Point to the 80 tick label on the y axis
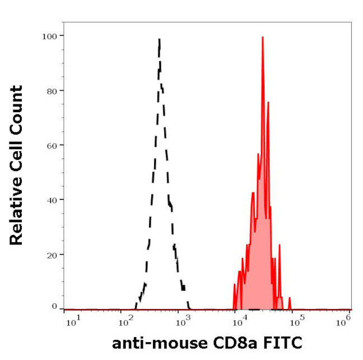click(x=51, y=90)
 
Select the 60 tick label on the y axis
click(x=51, y=145)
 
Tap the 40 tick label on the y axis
click(x=51, y=199)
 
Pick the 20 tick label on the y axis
click(x=51, y=254)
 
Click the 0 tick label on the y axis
click(x=54, y=306)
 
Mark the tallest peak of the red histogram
click(x=262, y=38)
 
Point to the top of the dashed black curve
click(x=160, y=40)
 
